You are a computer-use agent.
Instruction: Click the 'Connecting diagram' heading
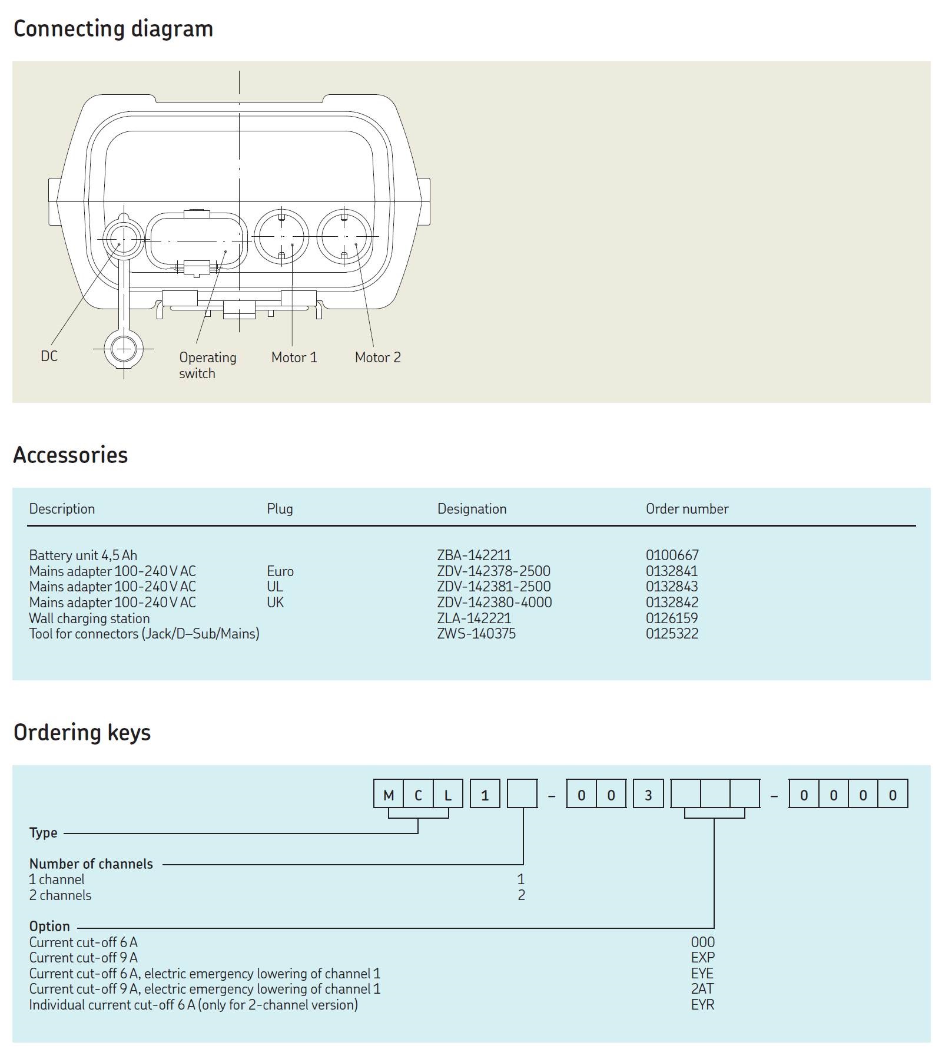(x=113, y=29)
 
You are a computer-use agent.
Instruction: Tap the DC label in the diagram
(x=49, y=356)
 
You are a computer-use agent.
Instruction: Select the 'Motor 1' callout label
(x=294, y=358)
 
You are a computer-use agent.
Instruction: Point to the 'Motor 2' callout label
(x=377, y=358)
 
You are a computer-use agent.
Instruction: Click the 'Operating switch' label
(x=207, y=365)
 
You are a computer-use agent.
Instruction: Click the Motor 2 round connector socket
(x=344, y=237)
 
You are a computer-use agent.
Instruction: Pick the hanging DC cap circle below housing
(x=124, y=349)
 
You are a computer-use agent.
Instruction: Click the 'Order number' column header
(x=686, y=509)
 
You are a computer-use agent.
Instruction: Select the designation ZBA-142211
(x=474, y=555)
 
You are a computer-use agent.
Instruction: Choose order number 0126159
(x=671, y=618)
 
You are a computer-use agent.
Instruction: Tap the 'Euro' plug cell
(x=280, y=571)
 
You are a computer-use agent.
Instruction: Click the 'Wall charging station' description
(x=89, y=618)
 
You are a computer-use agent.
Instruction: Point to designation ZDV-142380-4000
(x=494, y=603)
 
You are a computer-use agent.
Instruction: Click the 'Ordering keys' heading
(x=82, y=733)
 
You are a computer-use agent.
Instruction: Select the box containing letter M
(x=389, y=795)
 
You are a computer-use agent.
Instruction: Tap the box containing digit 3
(x=648, y=795)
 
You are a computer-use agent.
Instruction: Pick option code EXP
(x=702, y=958)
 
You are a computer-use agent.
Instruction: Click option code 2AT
(x=702, y=989)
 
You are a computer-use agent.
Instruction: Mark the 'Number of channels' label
(x=91, y=864)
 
